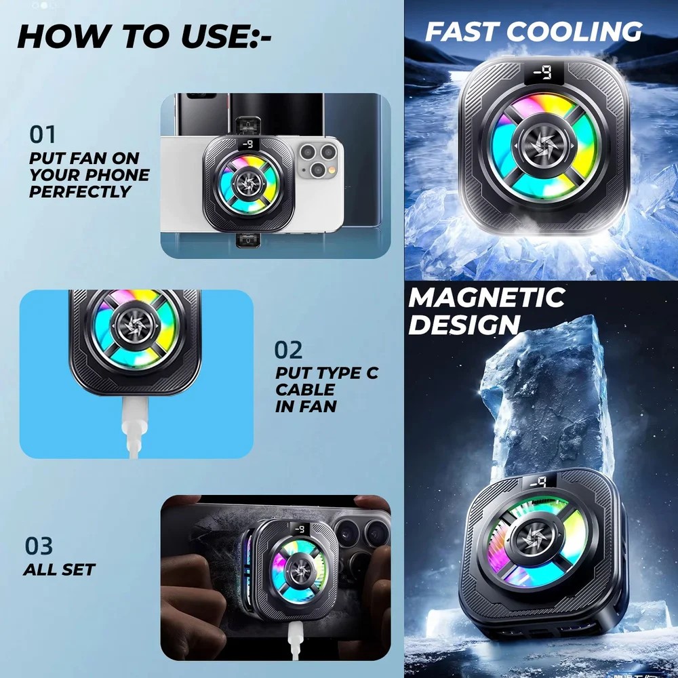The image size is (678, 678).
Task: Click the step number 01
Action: click(x=42, y=134)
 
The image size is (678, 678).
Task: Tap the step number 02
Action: click(x=288, y=350)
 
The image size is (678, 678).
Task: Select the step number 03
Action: click(x=39, y=546)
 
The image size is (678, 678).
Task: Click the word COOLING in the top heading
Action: click(x=574, y=32)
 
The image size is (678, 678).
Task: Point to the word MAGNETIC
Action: click(x=486, y=298)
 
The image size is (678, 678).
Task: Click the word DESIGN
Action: click(x=464, y=324)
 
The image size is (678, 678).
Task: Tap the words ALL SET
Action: click(x=59, y=570)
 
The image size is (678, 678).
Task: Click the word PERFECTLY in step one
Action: click(x=79, y=192)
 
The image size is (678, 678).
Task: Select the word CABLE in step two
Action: click(x=305, y=390)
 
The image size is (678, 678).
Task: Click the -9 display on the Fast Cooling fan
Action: click(x=544, y=73)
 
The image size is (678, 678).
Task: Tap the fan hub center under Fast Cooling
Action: click(x=544, y=144)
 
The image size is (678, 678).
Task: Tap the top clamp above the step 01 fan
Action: click(x=247, y=126)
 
